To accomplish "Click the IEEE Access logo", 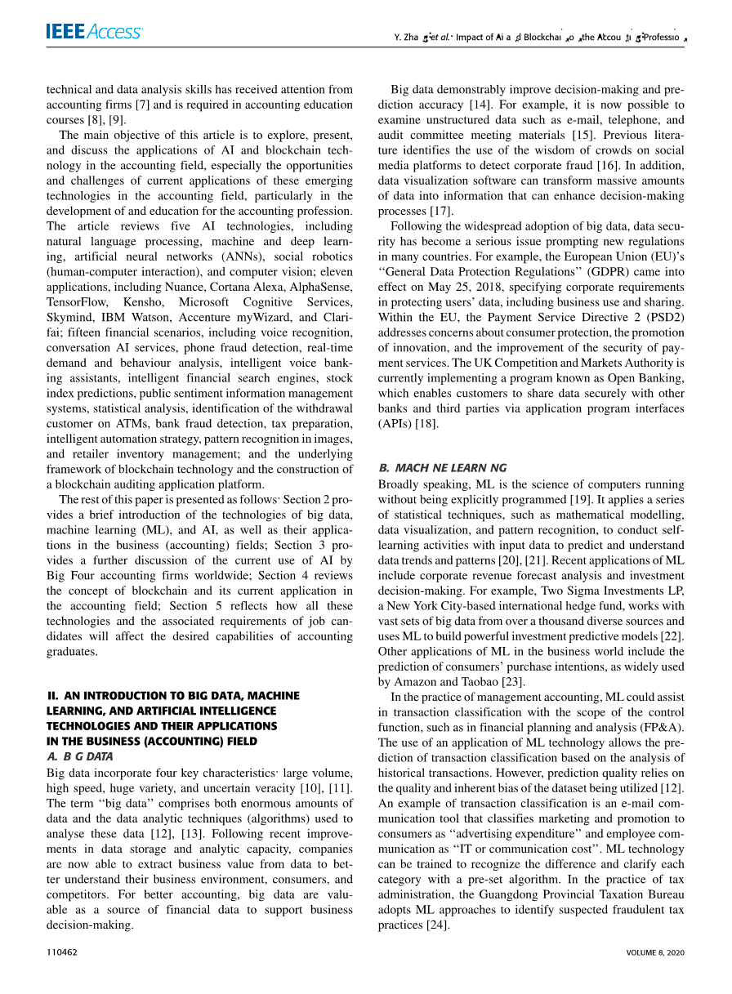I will pos(94,32).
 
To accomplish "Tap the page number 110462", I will pos(62,952).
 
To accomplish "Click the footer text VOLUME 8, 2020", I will pos(655,952).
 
